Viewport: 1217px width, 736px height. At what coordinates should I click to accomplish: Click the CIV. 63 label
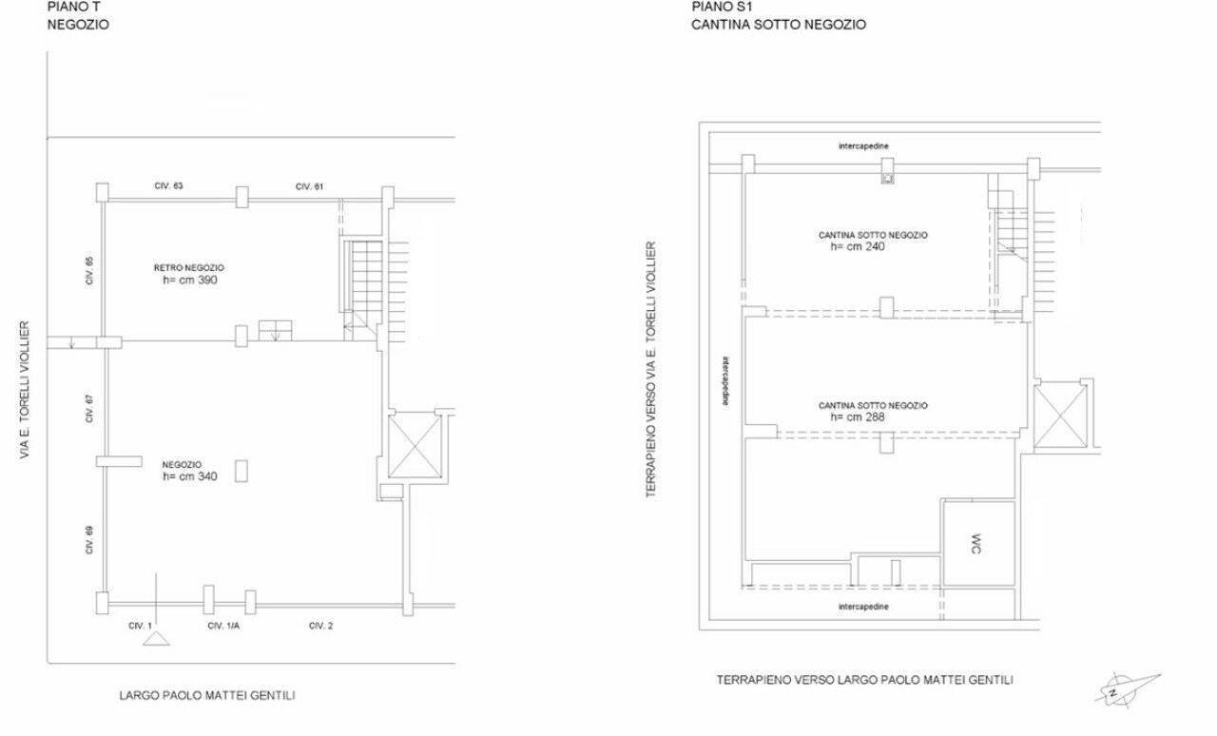coord(168,186)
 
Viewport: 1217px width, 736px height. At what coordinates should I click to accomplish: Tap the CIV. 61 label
coord(309,186)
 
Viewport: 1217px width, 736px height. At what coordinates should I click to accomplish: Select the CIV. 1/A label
coord(223,626)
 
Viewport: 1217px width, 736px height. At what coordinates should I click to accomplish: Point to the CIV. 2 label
coord(320,626)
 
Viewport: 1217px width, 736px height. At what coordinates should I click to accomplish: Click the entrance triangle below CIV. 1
coord(156,639)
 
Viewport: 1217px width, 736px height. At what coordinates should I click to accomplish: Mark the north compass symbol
coord(1126,689)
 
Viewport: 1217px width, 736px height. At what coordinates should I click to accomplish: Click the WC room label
coord(976,544)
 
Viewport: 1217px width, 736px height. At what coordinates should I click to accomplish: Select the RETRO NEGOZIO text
coord(188,268)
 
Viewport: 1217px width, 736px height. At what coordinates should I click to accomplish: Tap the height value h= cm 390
coord(190,280)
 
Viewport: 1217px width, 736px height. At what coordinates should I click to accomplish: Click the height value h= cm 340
coord(190,476)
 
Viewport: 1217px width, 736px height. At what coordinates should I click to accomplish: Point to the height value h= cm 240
coord(858,247)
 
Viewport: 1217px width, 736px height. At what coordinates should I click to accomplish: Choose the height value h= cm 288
coord(858,416)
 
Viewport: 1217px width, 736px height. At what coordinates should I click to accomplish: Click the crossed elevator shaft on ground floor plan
coord(415,445)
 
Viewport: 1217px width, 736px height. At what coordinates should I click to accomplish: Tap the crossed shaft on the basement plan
coord(1060,416)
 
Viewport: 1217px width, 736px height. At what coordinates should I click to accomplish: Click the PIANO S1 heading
coord(722,7)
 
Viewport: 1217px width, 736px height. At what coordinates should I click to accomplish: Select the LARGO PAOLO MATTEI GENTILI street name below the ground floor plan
coord(207,695)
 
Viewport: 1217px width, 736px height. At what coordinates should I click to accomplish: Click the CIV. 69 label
coord(89,540)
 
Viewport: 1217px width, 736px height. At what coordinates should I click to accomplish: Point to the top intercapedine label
coord(863,146)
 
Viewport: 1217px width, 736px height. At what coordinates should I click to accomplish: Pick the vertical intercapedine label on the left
coord(726,380)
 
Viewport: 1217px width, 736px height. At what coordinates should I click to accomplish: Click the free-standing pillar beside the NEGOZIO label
coord(241,471)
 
